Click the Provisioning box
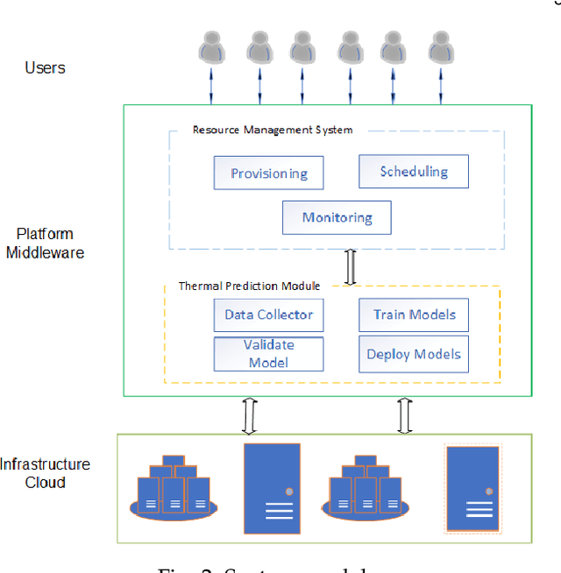click(x=268, y=173)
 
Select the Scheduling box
click(x=414, y=172)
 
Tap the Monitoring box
click(x=337, y=217)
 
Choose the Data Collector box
click(x=268, y=315)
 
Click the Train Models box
click(x=414, y=315)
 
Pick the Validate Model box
click(x=268, y=353)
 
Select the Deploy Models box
click(x=414, y=354)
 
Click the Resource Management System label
click(x=273, y=130)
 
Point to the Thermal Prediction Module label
click(x=249, y=286)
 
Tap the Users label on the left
click(x=45, y=67)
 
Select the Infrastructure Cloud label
click(x=45, y=473)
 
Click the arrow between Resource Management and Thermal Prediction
click(x=351, y=267)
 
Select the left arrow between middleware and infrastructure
click(x=249, y=414)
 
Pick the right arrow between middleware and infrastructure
click(x=405, y=414)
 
